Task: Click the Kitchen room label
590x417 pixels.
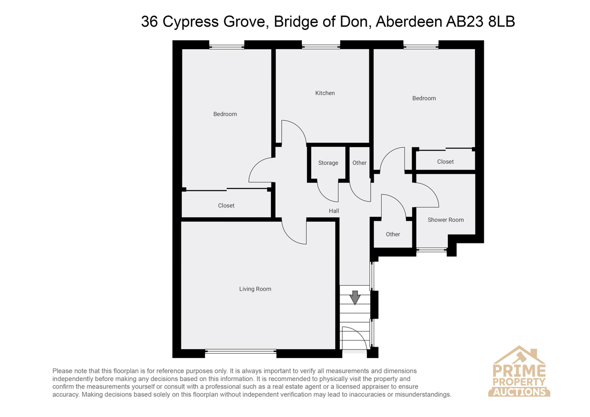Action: [x=325, y=93]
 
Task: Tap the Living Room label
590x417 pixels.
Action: [x=255, y=289]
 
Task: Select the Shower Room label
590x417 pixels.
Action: [x=445, y=220]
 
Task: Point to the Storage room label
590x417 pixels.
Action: [x=328, y=163]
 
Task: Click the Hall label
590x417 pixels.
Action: [x=334, y=211]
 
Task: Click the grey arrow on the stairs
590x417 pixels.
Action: [x=355, y=298]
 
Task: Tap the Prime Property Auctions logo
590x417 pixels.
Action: [x=519, y=371]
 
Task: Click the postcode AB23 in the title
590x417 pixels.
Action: [x=464, y=22]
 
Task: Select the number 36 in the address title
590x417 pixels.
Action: [x=149, y=22]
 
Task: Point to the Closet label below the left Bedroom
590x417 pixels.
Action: [x=226, y=206]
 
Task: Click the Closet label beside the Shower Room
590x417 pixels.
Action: [x=445, y=161]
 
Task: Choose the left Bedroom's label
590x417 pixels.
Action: [x=225, y=114]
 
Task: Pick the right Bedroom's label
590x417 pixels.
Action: [x=424, y=98]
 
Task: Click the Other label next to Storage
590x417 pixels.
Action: [x=359, y=163]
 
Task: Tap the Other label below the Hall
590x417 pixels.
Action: [x=393, y=234]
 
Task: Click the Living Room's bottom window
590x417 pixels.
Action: [x=240, y=351]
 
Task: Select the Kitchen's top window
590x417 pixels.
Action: [x=321, y=47]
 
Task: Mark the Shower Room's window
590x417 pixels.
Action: [x=432, y=249]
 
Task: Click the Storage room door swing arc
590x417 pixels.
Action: [x=324, y=195]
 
